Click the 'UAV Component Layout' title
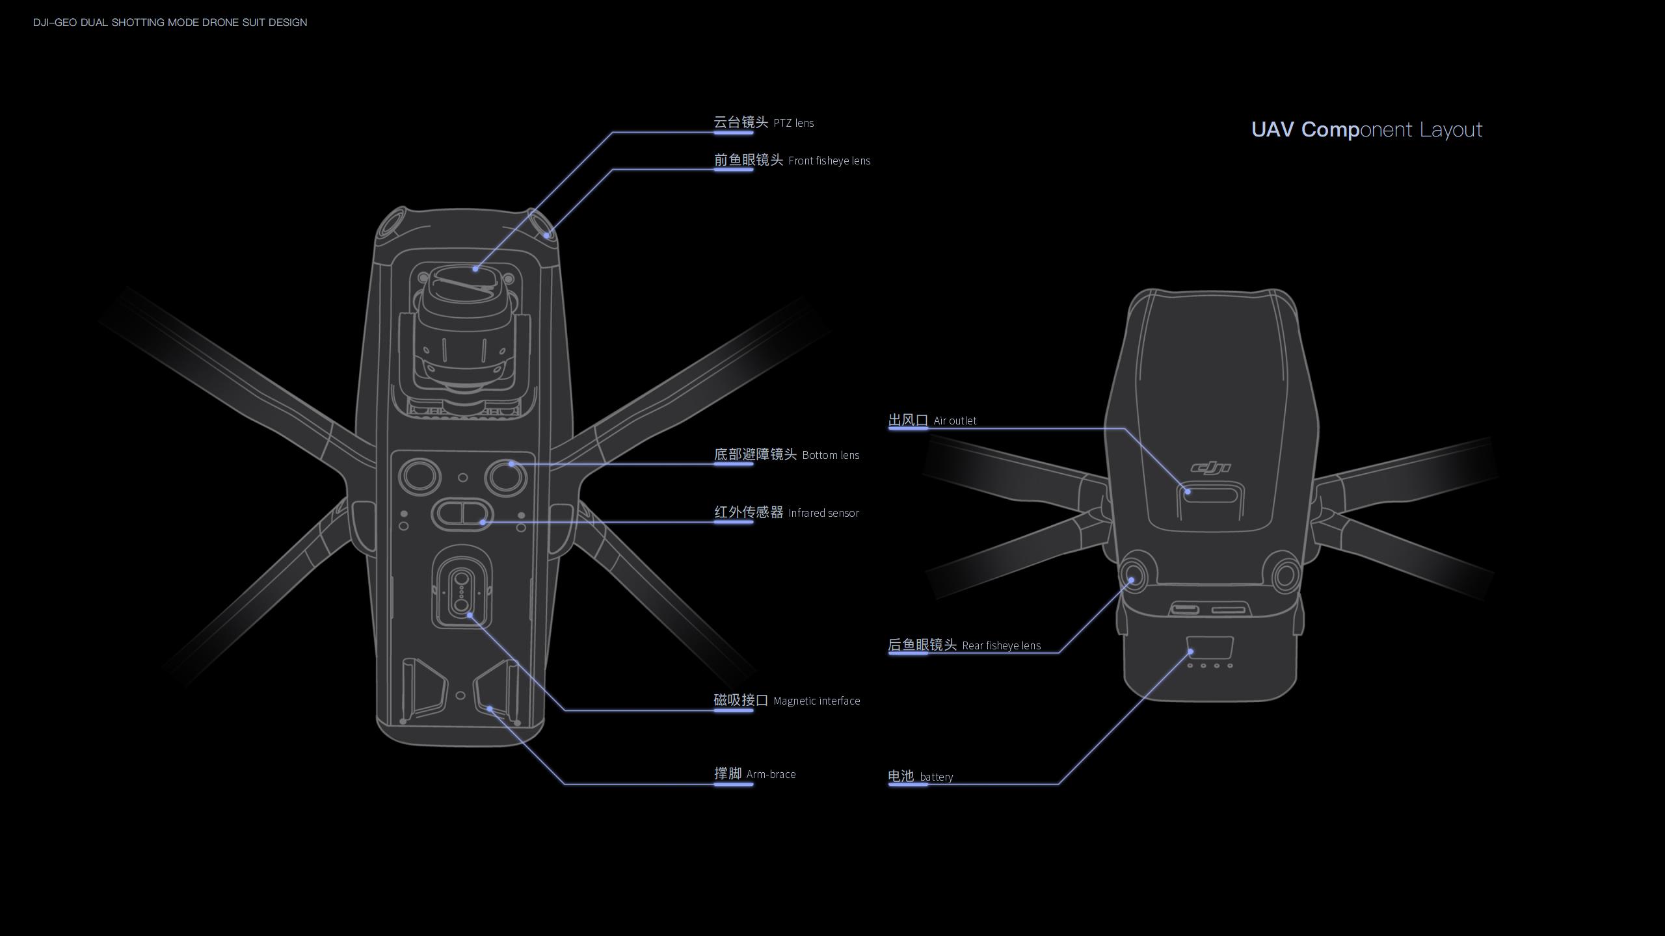point(1366,129)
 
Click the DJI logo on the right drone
point(1210,467)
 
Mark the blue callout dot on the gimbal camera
point(475,268)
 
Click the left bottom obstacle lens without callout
point(420,475)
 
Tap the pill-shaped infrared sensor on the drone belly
point(462,513)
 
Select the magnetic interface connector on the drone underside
point(461,589)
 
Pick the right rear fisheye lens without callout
point(1285,575)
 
